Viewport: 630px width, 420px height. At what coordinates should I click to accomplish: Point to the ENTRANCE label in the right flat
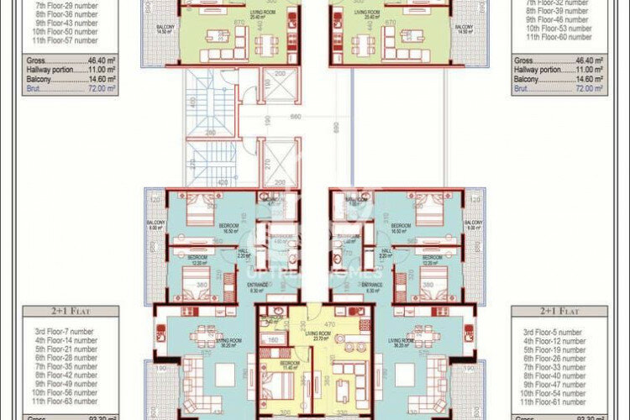click(x=372, y=285)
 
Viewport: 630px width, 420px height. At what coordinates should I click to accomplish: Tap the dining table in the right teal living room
click(x=423, y=337)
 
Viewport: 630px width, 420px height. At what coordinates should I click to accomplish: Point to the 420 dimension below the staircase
click(x=223, y=181)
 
